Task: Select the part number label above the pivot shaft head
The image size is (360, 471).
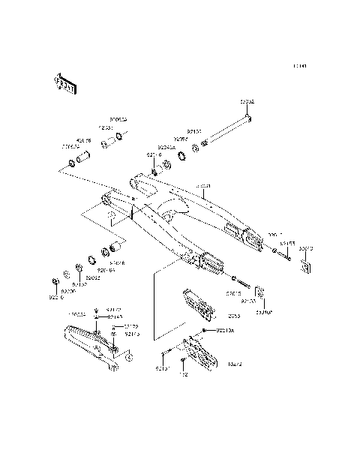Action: (x=247, y=100)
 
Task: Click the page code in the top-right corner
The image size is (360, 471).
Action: (x=300, y=66)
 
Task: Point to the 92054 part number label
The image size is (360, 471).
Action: (x=181, y=139)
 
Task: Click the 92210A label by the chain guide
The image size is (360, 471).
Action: (x=225, y=330)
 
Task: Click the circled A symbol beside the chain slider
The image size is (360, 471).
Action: (x=127, y=358)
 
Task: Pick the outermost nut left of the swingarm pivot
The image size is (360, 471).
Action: (x=56, y=281)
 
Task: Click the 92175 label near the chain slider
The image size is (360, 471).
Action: (x=131, y=334)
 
